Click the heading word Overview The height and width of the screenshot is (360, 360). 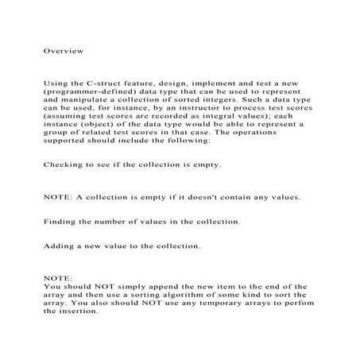coord(62,50)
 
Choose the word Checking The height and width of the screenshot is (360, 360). coord(64,188)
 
